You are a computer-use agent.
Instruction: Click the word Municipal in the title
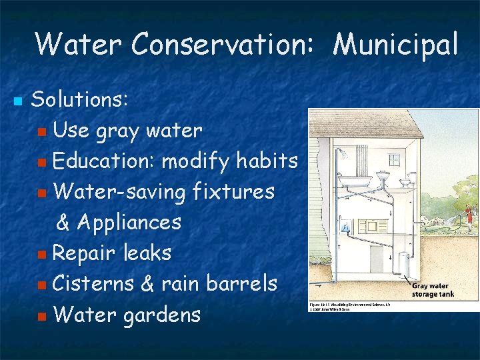point(395,45)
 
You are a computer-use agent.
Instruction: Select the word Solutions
point(79,99)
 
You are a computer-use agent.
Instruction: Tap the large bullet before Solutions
point(17,102)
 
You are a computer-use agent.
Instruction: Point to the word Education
point(103,161)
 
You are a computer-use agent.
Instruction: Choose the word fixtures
point(233,191)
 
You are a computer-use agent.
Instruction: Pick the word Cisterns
point(93,283)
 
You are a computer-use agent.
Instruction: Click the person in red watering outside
point(469,215)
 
